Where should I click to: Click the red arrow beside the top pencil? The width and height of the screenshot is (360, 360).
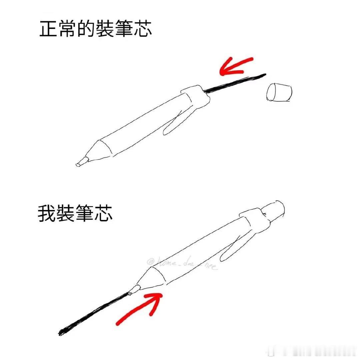(x=235, y=66)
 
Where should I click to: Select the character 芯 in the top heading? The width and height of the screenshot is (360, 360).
(x=142, y=30)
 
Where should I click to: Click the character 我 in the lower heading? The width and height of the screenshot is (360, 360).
(x=47, y=214)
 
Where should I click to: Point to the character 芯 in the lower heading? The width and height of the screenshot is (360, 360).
(x=103, y=214)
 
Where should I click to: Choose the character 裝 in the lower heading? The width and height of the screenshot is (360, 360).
(x=66, y=214)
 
